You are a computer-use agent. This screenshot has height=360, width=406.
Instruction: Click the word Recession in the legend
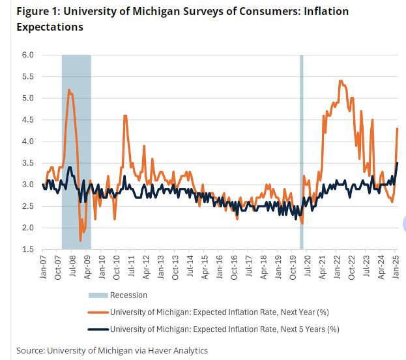click(x=128, y=295)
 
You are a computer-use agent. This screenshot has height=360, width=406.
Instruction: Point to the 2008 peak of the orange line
click(x=69, y=89)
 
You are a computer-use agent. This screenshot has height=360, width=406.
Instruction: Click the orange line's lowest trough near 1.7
click(x=80, y=241)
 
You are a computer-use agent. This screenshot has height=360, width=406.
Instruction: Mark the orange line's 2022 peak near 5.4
click(x=341, y=81)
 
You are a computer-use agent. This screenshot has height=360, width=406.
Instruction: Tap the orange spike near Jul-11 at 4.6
click(x=124, y=115)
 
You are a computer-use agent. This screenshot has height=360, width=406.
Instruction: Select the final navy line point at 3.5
click(x=398, y=163)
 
